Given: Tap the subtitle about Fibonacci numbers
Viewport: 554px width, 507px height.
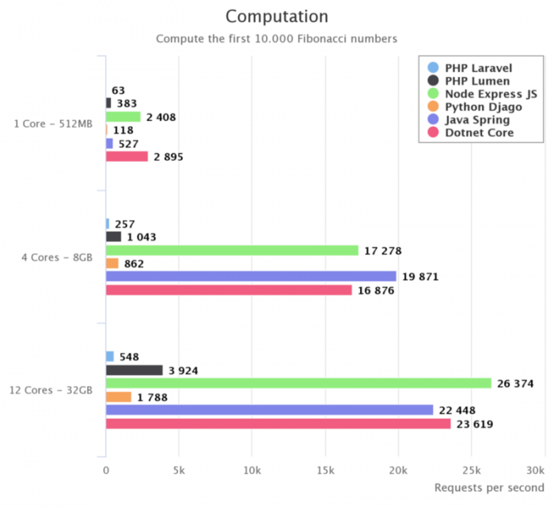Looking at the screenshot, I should (276, 39).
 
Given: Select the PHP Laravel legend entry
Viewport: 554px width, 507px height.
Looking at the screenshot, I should (468, 68).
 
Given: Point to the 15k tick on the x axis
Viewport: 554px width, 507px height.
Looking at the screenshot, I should (324, 470).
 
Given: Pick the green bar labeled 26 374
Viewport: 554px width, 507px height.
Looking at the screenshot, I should (298, 384).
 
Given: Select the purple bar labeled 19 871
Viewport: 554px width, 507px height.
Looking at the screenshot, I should (251, 276).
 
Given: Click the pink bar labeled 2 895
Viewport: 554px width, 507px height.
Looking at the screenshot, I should (127, 157).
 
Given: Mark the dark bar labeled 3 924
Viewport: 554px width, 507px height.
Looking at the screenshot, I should (135, 370).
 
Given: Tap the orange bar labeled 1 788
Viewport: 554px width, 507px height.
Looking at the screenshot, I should (119, 397).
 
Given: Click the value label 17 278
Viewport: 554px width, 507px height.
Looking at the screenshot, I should (383, 251).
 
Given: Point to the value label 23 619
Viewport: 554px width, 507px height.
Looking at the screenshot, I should (476, 424).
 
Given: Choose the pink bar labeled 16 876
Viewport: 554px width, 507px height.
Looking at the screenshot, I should (229, 290).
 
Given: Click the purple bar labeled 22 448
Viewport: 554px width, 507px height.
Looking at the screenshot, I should (270, 410).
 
